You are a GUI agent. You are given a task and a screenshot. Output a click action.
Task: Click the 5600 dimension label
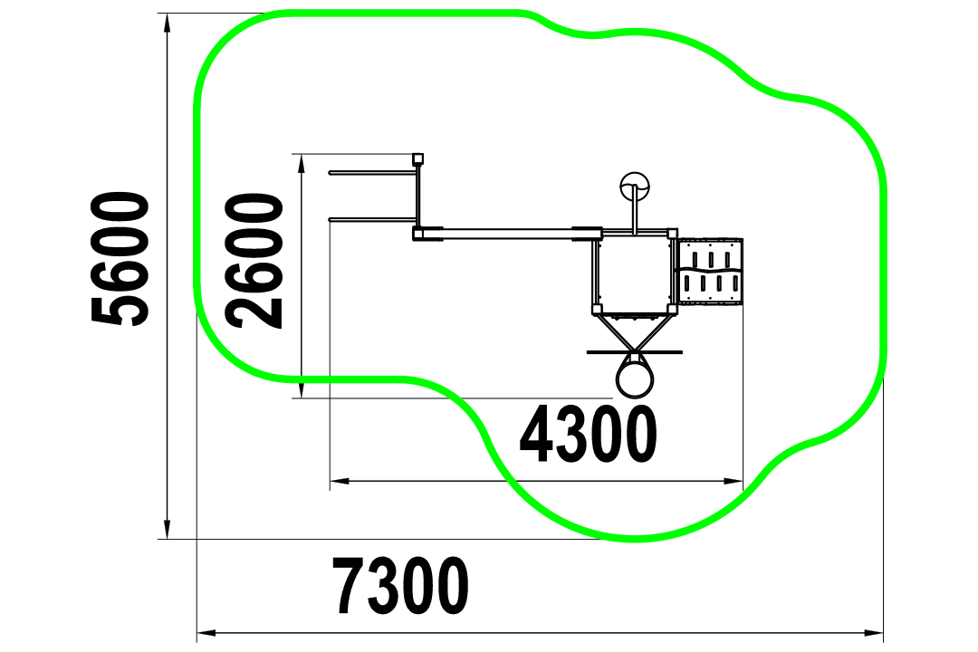pos(120,259)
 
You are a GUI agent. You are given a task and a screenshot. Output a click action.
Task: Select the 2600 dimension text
pos(254,261)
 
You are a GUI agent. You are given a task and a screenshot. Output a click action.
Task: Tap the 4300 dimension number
pos(589,435)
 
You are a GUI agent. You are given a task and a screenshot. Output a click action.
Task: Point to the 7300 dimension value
pos(400,586)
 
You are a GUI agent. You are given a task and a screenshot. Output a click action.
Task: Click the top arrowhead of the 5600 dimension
pos(167,23)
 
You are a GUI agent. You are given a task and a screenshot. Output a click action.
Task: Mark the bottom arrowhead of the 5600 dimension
pos(167,529)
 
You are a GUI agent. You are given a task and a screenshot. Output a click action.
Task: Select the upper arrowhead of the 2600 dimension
pos(302,164)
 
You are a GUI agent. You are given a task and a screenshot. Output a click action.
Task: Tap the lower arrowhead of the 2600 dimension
pos(302,388)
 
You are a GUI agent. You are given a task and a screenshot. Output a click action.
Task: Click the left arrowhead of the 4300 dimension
pos(340,481)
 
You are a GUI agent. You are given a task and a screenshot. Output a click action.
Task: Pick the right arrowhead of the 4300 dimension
pos(733,481)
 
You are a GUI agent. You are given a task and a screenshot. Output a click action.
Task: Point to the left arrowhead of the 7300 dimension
pos(206,633)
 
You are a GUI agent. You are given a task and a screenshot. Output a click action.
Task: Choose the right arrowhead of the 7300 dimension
pos(874,633)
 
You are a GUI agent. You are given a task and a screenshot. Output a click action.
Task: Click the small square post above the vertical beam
pos(418,158)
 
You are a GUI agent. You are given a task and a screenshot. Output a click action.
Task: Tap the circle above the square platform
pos(634,187)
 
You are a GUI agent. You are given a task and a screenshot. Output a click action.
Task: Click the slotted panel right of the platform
pos(711,272)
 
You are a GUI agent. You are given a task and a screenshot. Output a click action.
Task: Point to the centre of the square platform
pos(634,273)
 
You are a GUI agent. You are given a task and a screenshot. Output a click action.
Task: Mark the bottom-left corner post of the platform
pos(596,309)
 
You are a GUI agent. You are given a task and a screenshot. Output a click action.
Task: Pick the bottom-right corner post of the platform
pos(673,309)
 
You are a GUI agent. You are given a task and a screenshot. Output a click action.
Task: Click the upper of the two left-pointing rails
pos(372,173)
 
